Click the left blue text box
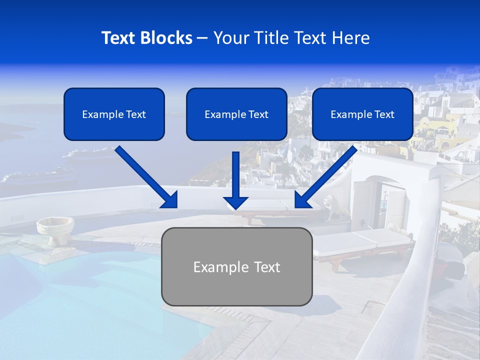point(114,114)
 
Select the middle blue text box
point(236,114)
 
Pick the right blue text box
point(362,114)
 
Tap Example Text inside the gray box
point(236,267)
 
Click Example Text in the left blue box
point(114,114)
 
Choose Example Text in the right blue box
point(362,114)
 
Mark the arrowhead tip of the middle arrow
point(236,208)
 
